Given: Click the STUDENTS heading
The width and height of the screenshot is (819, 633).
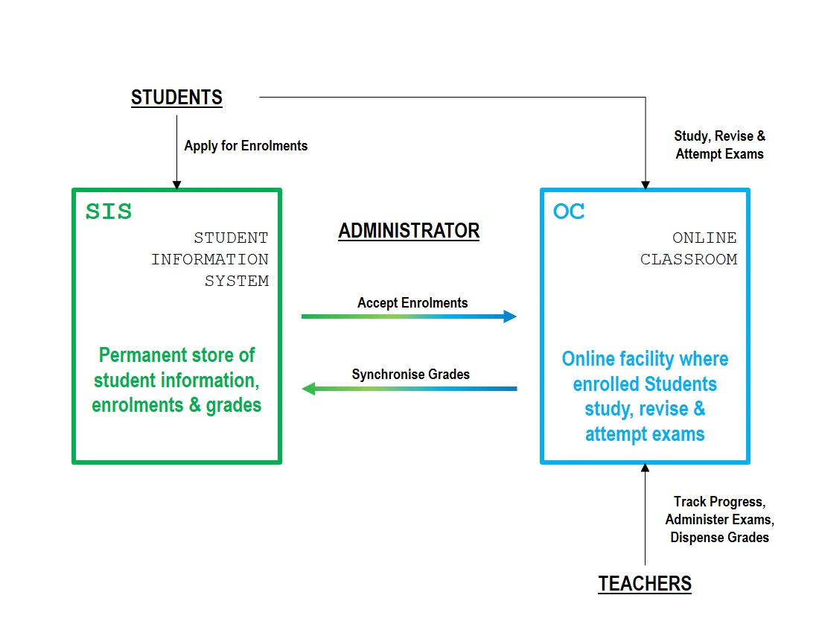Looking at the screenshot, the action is coord(176,98).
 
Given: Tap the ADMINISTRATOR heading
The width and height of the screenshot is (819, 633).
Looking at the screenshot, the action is coord(409,231).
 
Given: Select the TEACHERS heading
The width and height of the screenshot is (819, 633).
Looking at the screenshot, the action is coord(645,583).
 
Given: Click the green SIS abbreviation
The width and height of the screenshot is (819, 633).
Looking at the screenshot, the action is coord(109,211).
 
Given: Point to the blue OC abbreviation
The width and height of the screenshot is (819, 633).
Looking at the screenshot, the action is coord(569,211).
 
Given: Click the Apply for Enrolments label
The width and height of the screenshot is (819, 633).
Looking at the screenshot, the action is coord(246,146).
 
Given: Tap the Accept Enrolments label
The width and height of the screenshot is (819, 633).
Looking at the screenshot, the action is coord(412,303).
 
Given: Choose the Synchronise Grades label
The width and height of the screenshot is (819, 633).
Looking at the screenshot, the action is coord(410,375).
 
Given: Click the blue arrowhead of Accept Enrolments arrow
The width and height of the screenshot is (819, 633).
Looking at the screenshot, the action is coord(510,316).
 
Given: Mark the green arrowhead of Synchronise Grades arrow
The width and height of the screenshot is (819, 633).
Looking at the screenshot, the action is coord(309,389).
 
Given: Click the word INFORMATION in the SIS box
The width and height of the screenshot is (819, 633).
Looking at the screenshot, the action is coord(210,260).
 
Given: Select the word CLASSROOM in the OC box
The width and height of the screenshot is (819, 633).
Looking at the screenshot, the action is coord(689,260).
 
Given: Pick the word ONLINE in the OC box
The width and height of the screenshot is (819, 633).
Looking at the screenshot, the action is coord(704,238).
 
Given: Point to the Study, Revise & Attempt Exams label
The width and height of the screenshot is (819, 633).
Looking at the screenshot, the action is coord(720,144).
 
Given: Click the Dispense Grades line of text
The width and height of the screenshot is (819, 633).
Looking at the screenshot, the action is coord(720,538).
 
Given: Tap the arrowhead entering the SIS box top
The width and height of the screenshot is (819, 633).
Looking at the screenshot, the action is coord(176,185).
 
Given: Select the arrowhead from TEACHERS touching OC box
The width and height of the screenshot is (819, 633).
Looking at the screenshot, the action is coord(645,468).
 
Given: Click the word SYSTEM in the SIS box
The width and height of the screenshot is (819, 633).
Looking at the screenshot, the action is coord(237,281).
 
